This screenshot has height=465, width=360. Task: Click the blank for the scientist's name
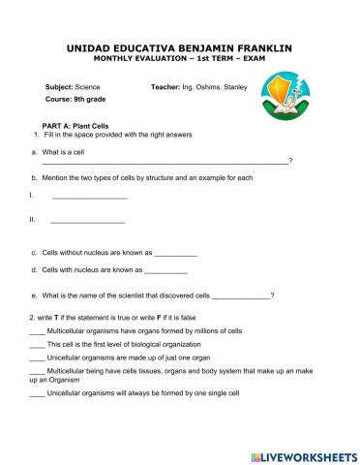coord(240,295)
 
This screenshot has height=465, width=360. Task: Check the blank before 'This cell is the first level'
coord(38,346)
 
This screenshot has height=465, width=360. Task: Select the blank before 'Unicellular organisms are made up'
coord(38,359)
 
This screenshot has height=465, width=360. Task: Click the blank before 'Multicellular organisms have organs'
coord(38,332)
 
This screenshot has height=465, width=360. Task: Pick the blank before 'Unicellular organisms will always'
coord(38,394)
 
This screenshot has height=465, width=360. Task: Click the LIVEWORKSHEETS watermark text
coord(306,453)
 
